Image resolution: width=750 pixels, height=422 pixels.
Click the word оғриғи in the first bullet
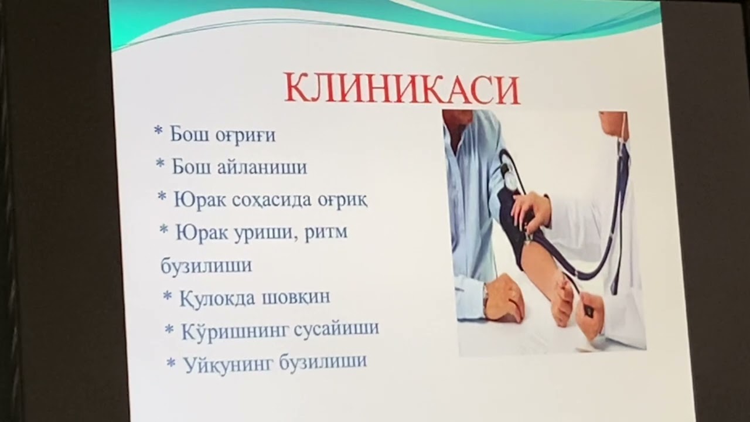(246, 135)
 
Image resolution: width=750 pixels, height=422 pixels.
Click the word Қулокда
(216, 297)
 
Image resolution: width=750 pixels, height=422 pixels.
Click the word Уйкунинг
(228, 363)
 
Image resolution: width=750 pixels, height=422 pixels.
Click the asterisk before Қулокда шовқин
(167, 295)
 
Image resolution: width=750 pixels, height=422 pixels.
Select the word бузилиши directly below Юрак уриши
(206, 265)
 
